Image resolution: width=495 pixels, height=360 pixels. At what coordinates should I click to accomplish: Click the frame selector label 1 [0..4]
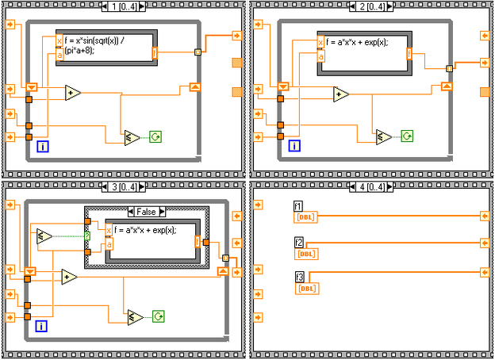(x=124, y=6)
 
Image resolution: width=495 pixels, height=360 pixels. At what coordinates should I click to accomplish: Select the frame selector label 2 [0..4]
(x=371, y=6)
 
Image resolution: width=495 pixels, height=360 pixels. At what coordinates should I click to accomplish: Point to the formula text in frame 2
(x=358, y=42)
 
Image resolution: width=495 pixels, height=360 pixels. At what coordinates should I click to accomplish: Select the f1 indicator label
(x=298, y=206)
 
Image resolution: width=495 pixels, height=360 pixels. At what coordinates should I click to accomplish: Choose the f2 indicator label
(x=298, y=243)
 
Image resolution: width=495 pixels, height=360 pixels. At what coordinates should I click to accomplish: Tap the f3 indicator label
(x=298, y=278)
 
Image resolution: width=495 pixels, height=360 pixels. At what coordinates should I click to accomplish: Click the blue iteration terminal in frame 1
(x=43, y=145)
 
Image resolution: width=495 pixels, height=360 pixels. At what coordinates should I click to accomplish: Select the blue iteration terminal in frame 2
(x=294, y=145)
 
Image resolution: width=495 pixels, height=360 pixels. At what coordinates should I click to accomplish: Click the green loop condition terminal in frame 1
(x=155, y=137)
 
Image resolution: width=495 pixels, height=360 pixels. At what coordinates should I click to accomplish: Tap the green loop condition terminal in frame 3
(x=159, y=317)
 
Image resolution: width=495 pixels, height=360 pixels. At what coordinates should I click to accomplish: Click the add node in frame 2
(x=340, y=94)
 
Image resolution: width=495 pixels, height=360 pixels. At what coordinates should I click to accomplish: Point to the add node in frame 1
(x=73, y=93)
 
